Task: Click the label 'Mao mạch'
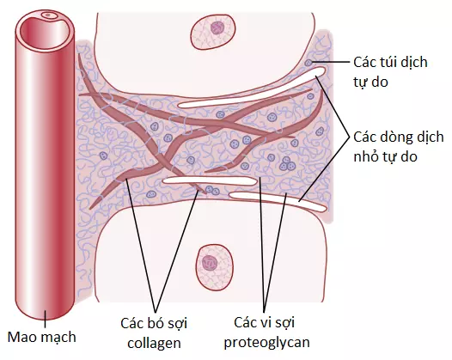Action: pos(42,337)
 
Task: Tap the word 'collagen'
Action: pos(154,344)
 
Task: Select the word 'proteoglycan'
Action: pos(266,343)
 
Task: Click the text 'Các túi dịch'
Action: pos(390,62)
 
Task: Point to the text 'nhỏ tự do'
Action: pos(386,156)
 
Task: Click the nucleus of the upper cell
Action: pos(217,28)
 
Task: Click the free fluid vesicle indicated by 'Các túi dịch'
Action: pos(308,63)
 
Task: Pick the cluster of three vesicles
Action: pos(287,164)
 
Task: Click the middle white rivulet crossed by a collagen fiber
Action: pos(210,180)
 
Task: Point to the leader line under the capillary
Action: pos(45,319)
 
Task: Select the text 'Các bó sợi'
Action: pos(154,323)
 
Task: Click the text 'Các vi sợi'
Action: pos(265,322)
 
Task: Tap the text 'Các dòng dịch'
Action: pos(399,137)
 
